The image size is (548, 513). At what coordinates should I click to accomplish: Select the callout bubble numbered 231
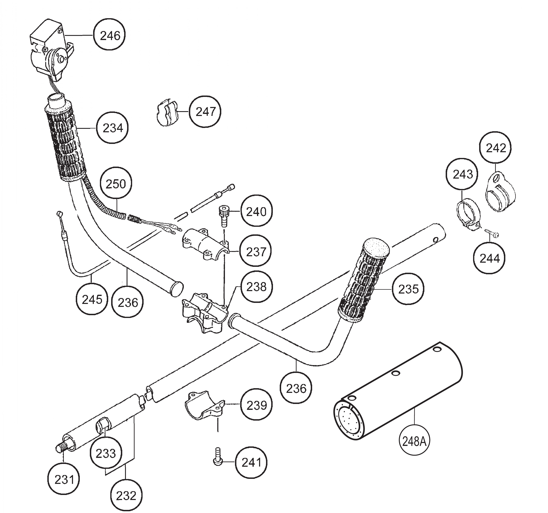click(64, 480)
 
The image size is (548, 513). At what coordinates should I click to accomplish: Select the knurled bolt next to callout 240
click(223, 216)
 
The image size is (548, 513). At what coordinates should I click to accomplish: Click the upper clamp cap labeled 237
click(205, 244)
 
